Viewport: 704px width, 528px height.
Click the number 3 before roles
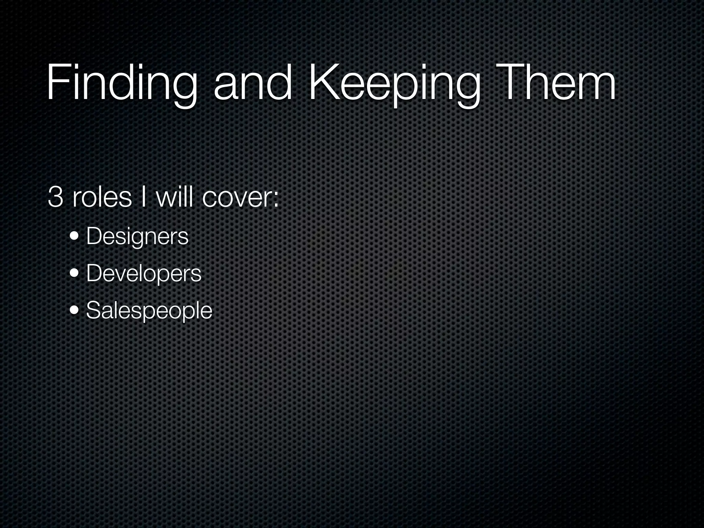tap(55, 197)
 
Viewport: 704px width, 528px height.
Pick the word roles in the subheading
tap(102, 197)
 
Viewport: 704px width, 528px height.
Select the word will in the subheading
tap(174, 197)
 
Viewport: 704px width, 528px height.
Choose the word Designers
tap(137, 236)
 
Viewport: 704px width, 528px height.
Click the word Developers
tap(144, 274)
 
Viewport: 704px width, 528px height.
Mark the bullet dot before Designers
tap(74, 236)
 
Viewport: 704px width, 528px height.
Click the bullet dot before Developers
tap(74, 274)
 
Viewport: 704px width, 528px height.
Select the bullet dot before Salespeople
tap(74, 310)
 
